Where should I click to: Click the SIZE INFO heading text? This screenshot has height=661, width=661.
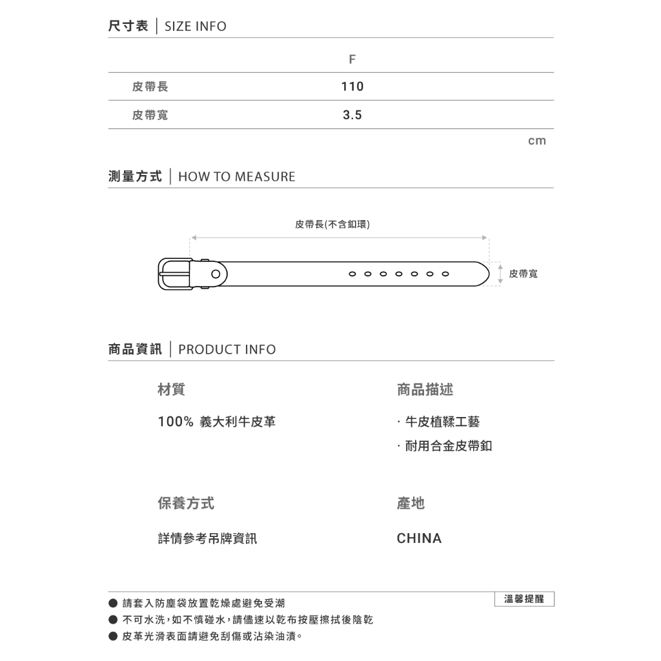[196, 26]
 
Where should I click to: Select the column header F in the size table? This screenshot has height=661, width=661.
[352, 59]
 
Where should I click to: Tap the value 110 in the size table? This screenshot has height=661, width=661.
[352, 86]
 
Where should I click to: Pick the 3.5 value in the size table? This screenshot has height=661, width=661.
[352, 115]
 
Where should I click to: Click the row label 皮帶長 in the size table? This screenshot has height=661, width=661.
[150, 86]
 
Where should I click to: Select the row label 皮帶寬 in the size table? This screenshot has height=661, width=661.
[150, 115]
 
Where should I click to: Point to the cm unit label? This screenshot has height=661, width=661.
[536, 141]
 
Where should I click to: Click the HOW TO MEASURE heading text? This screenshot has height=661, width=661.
[236, 177]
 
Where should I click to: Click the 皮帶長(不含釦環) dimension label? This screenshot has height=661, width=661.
[332, 225]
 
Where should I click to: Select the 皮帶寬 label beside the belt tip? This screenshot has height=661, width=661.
[523, 274]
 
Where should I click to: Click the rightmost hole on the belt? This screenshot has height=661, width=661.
[445, 274]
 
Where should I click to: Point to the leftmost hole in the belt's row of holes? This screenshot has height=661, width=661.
[352, 274]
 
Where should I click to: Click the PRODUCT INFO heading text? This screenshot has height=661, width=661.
[227, 350]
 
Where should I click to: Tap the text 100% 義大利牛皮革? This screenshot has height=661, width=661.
[217, 422]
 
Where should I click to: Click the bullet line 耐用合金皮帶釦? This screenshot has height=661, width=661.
[448, 446]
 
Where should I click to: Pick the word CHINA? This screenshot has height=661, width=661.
[419, 538]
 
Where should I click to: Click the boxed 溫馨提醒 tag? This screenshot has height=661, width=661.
[524, 599]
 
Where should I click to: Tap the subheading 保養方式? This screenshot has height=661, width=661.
[186, 503]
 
